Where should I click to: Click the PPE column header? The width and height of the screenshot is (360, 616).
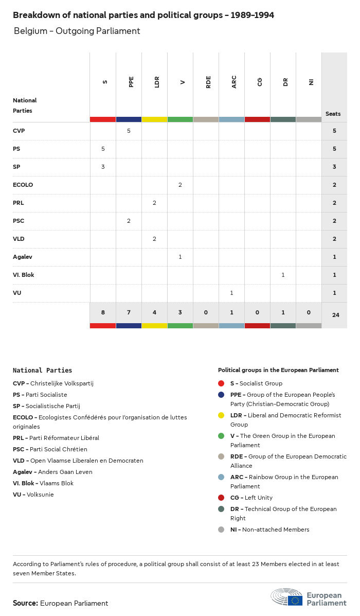(x=131, y=82)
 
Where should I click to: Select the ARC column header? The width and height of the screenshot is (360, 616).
(x=234, y=82)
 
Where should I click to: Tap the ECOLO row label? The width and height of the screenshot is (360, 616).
(x=23, y=185)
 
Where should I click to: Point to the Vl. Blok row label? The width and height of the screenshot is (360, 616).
(x=24, y=275)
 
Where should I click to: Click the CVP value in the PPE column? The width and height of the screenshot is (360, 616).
(x=129, y=131)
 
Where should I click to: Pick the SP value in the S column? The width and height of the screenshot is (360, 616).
(x=103, y=167)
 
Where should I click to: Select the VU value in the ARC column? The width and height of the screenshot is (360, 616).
(x=231, y=293)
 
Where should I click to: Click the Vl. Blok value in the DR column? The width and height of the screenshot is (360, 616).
(x=283, y=275)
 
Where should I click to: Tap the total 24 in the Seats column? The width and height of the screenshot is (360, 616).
(x=335, y=314)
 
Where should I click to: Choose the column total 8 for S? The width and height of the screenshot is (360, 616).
(x=103, y=312)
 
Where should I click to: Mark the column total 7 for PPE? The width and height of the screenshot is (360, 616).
(x=129, y=312)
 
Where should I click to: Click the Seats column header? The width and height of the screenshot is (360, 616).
(x=333, y=114)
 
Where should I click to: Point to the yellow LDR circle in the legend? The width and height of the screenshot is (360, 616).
(x=221, y=415)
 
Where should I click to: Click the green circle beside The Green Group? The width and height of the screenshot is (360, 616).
(x=221, y=436)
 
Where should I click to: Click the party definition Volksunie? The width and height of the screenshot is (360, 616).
(x=40, y=495)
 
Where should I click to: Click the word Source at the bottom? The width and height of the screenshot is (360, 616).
(x=25, y=603)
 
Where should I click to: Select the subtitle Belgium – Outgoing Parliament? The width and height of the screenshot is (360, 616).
(x=77, y=31)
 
